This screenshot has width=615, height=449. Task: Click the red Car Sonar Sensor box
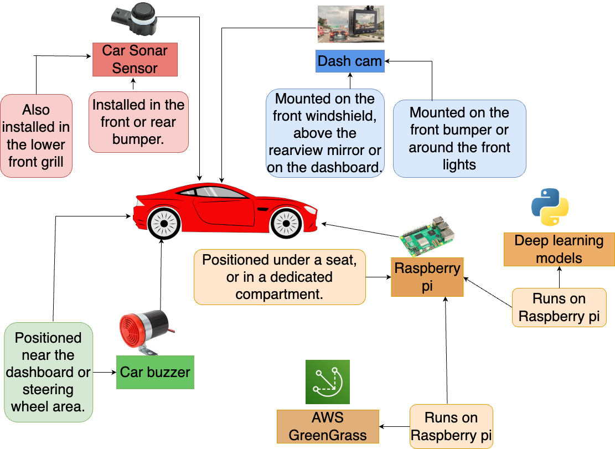tap(135, 60)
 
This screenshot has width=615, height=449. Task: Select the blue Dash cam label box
tap(350, 61)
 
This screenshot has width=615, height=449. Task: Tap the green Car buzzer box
tap(155, 372)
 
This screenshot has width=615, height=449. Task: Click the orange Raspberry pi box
tap(427, 277)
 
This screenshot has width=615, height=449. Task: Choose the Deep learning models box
tap(559, 249)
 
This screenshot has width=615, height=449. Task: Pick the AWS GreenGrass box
tap(328, 426)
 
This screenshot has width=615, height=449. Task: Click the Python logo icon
tap(550, 207)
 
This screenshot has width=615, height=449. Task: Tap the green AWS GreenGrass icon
tap(328, 382)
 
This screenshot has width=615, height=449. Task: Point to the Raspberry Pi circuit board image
tap(428, 232)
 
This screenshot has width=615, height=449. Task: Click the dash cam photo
tap(350, 24)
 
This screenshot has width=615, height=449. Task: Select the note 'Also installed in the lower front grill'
tap(36, 136)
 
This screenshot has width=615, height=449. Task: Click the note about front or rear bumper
tap(138, 122)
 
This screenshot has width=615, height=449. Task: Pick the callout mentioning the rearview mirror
tap(325, 133)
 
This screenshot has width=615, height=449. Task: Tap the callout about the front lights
tap(459, 138)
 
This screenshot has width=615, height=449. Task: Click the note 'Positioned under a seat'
tap(280, 277)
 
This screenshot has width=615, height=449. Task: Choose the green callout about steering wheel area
tap(48, 372)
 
